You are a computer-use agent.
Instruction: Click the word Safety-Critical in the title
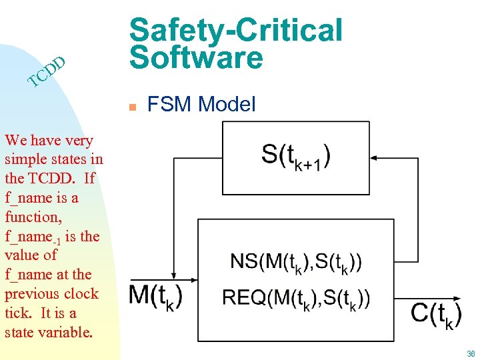pyautogui.click(x=236, y=30)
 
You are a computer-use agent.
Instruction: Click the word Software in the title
pyautogui.click(x=197, y=58)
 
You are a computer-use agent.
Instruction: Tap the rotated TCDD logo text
pyautogui.click(x=47, y=73)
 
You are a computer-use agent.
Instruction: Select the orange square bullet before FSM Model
pyautogui.click(x=133, y=105)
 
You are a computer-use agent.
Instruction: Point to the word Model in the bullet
pyautogui.click(x=227, y=104)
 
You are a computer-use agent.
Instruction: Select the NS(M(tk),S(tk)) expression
pyautogui.click(x=296, y=261)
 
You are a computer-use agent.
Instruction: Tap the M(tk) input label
pyautogui.click(x=155, y=295)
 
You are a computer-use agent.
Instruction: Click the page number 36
pyautogui.click(x=471, y=354)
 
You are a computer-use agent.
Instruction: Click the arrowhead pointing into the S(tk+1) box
pyautogui.click(x=375, y=158)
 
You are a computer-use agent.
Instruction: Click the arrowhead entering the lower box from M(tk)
pyautogui.click(x=194, y=279)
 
